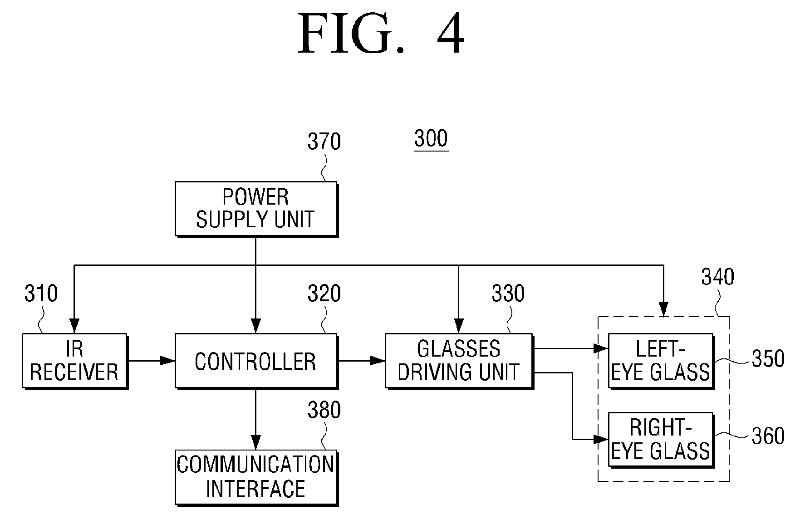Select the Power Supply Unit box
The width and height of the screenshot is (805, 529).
click(256, 209)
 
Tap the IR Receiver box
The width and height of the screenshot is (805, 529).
click(75, 361)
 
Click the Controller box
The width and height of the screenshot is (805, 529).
click(256, 361)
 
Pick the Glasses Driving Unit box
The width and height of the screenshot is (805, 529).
click(459, 361)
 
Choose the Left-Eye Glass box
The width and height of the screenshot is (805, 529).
click(661, 361)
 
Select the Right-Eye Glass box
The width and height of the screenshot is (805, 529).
click(661, 440)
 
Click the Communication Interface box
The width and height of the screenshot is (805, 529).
click(256, 477)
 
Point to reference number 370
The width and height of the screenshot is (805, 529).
click(324, 142)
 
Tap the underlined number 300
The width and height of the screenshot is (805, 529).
click(431, 138)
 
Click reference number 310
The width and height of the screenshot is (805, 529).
click(41, 294)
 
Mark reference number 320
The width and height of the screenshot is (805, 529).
click(324, 294)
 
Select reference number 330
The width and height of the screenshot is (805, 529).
click(508, 294)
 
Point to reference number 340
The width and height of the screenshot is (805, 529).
click(717, 277)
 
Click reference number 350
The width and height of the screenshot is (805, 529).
click(768, 359)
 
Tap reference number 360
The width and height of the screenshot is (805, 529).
click(768, 436)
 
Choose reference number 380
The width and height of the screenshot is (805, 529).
click(324, 410)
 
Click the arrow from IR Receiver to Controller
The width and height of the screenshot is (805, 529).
click(152, 361)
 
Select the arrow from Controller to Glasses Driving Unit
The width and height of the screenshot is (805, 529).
click(361, 361)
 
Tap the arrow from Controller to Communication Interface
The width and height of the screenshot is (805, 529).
click(256, 419)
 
